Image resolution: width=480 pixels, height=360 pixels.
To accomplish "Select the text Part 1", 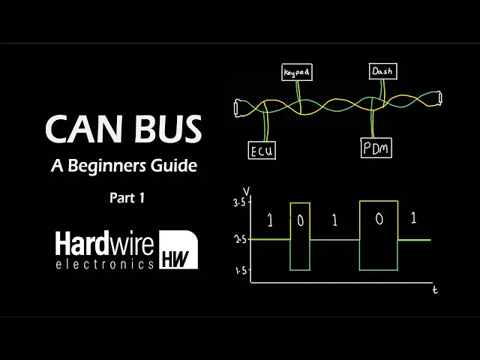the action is (124, 199).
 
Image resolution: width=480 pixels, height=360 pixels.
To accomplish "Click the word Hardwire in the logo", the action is (104, 244).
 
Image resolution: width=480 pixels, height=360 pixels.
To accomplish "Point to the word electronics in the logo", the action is (104, 264).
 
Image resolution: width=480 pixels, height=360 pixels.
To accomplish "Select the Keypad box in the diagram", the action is (296, 73).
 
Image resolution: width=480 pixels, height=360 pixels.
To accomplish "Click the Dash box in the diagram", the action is (382, 72).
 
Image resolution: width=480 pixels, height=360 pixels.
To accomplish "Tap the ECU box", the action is (262, 150).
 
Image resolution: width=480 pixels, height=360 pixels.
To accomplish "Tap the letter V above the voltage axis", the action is (239, 190).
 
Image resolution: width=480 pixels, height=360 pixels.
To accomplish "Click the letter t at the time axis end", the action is (435, 289).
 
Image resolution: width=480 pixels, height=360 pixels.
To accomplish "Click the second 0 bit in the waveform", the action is (379, 220).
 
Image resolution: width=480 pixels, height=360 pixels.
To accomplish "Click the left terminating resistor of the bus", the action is (238, 108).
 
